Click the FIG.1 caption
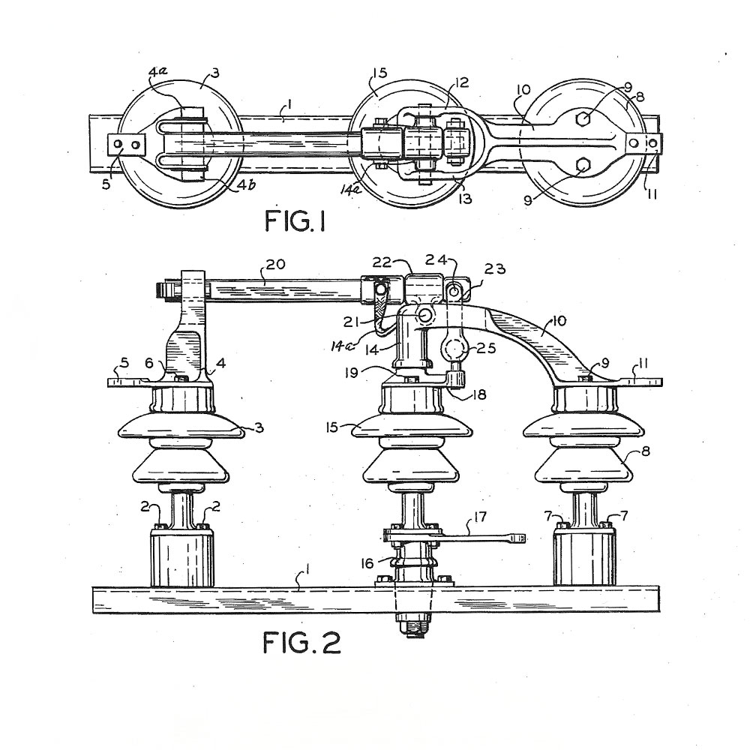295,221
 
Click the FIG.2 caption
301,642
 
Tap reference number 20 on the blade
275,264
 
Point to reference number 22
382,262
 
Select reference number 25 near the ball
486,348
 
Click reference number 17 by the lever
480,517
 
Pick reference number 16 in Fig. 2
367,563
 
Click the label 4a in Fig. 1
157,73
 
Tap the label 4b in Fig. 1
245,184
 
